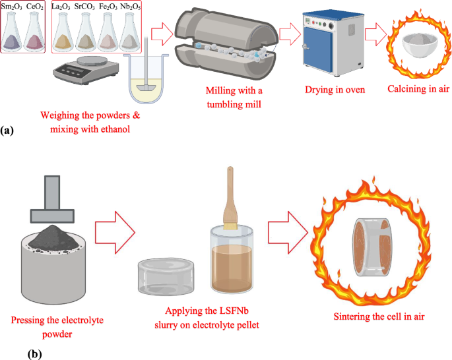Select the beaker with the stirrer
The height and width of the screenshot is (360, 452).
[x=148, y=82]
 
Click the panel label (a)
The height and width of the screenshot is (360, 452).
[x=8, y=131]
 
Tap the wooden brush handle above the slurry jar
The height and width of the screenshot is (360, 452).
[x=232, y=192]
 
